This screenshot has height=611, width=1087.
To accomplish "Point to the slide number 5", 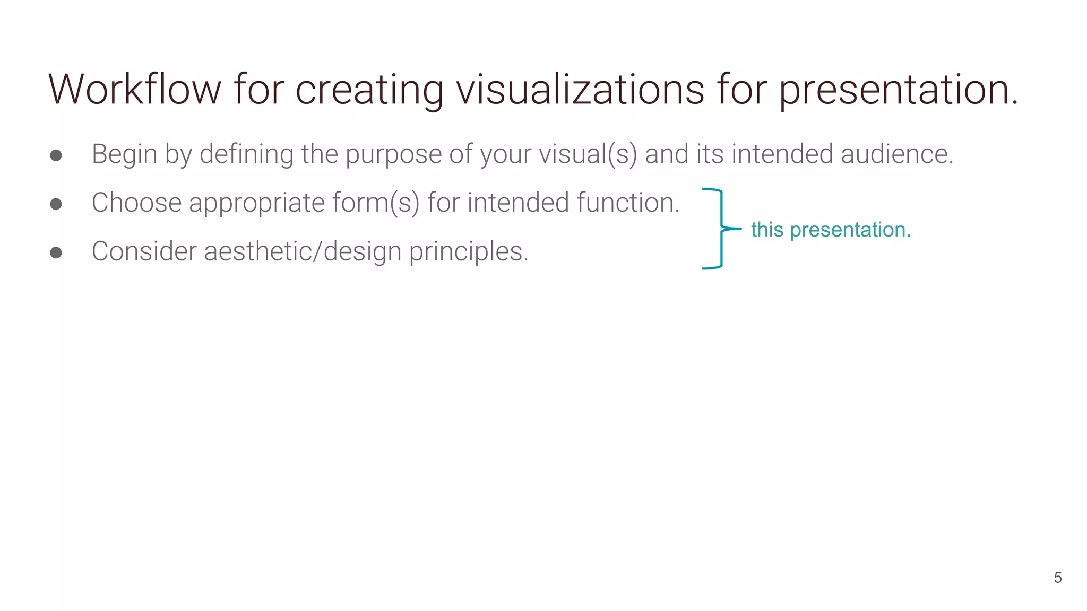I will (1057, 578).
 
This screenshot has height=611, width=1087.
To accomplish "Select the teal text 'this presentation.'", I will (831, 230).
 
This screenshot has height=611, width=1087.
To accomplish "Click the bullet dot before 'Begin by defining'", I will (56, 155).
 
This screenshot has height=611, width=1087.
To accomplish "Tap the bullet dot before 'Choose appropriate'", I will (56, 204).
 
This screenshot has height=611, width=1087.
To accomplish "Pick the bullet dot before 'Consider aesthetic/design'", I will (56, 253).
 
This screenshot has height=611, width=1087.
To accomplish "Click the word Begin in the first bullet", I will (124, 154).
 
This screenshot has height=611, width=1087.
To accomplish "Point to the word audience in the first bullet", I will (897, 154).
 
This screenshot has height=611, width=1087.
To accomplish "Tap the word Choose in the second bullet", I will (136, 203).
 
